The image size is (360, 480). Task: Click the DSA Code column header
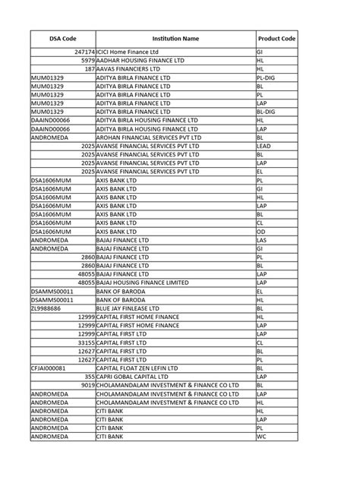point(62,37)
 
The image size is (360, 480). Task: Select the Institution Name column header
point(175,37)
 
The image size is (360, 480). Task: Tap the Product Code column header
point(275,37)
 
